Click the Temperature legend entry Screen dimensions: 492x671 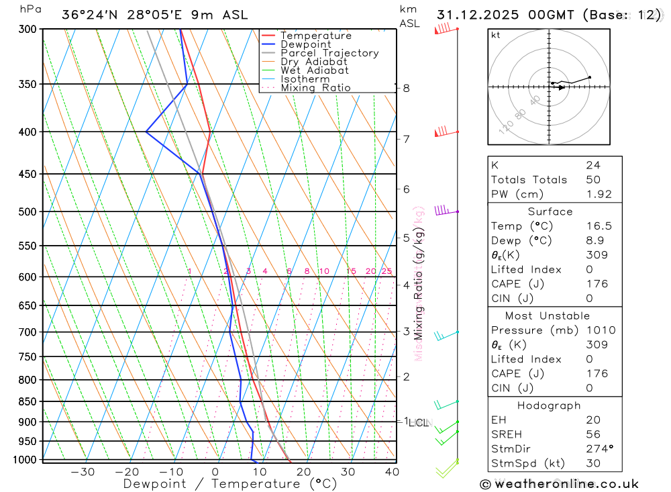pyautogui.click(x=315, y=36)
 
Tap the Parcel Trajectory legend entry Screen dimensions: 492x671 pyautogui.click(x=329, y=53)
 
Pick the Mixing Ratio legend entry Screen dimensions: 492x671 pyautogui.click(x=315, y=87)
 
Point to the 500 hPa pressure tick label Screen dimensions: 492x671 pyautogui.click(x=28, y=211)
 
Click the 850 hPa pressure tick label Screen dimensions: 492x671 pyautogui.click(x=28, y=401)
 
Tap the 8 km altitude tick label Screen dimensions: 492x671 pyautogui.click(x=407, y=88)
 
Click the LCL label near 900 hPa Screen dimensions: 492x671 pyautogui.click(x=419, y=423)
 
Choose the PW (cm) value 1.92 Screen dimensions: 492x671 pyautogui.click(x=599, y=194)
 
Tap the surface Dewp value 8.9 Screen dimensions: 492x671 pyautogui.click(x=595, y=240)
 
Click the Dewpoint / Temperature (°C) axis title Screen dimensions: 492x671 pyautogui.click(x=230, y=484)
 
